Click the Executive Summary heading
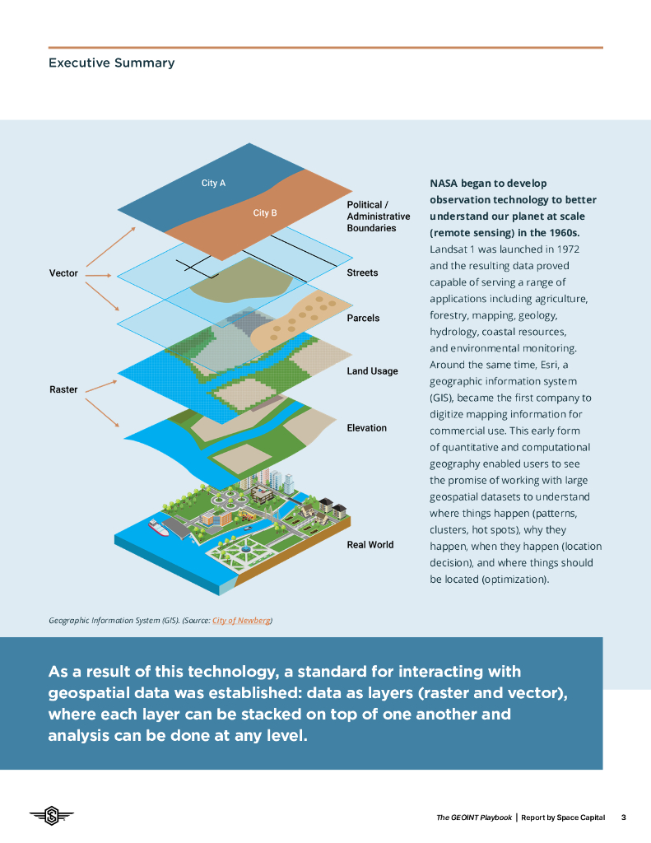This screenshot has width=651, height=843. point(111,63)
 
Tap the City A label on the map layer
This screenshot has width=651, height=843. point(213,184)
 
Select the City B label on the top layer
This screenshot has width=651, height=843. point(265,213)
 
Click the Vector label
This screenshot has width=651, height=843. point(63,273)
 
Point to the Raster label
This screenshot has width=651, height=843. point(63,389)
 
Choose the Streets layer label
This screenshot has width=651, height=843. point(362,272)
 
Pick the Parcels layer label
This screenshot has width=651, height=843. point(363,318)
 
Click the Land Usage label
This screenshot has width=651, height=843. point(372,371)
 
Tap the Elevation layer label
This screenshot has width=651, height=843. point(366,428)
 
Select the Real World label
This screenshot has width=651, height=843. point(370,545)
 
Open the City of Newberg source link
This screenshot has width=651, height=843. point(241,620)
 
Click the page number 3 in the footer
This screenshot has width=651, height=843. point(623,817)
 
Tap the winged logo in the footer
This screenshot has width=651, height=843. point(52,816)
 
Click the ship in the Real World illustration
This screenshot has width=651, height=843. point(158,528)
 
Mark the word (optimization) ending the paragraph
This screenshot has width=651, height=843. point(512,580)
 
